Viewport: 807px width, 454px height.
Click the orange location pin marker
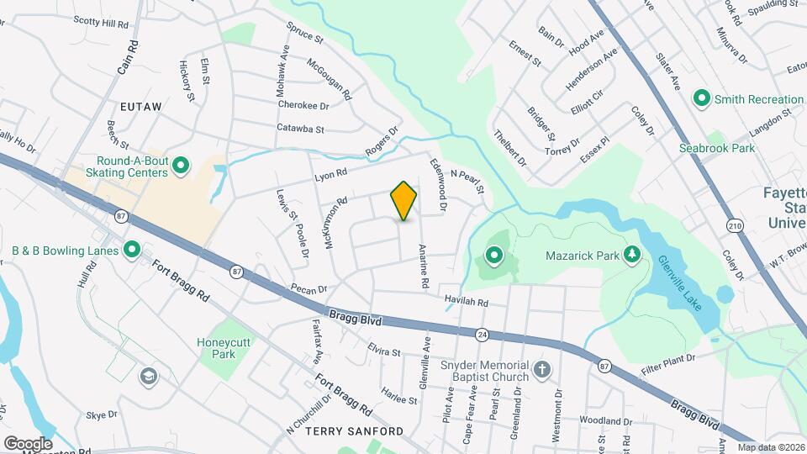[403, 200]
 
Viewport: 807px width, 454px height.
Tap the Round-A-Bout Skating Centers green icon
[179, 168]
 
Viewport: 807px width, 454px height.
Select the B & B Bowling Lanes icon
[132, 250]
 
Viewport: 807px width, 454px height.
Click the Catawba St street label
[300, 129]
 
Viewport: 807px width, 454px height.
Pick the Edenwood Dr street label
[437, 184]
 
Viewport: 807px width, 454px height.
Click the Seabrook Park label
[717, 148]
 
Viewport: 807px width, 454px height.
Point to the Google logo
[28, 443]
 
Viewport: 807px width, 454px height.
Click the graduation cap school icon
[149, 376]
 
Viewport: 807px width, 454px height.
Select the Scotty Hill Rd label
[101, 21]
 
